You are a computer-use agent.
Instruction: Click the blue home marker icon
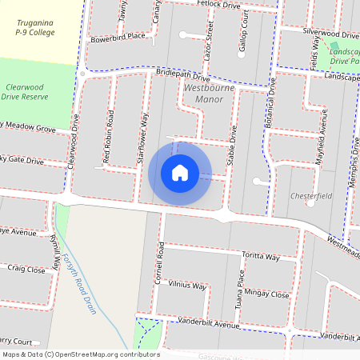click(x=180, y=173)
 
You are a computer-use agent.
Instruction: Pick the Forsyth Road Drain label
click(x=82, y=283)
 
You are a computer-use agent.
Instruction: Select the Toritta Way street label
click(x=261, y=257)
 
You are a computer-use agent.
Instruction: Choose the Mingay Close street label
click(x=268, y=294)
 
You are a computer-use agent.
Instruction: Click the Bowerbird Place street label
click(x=118, y=37)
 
